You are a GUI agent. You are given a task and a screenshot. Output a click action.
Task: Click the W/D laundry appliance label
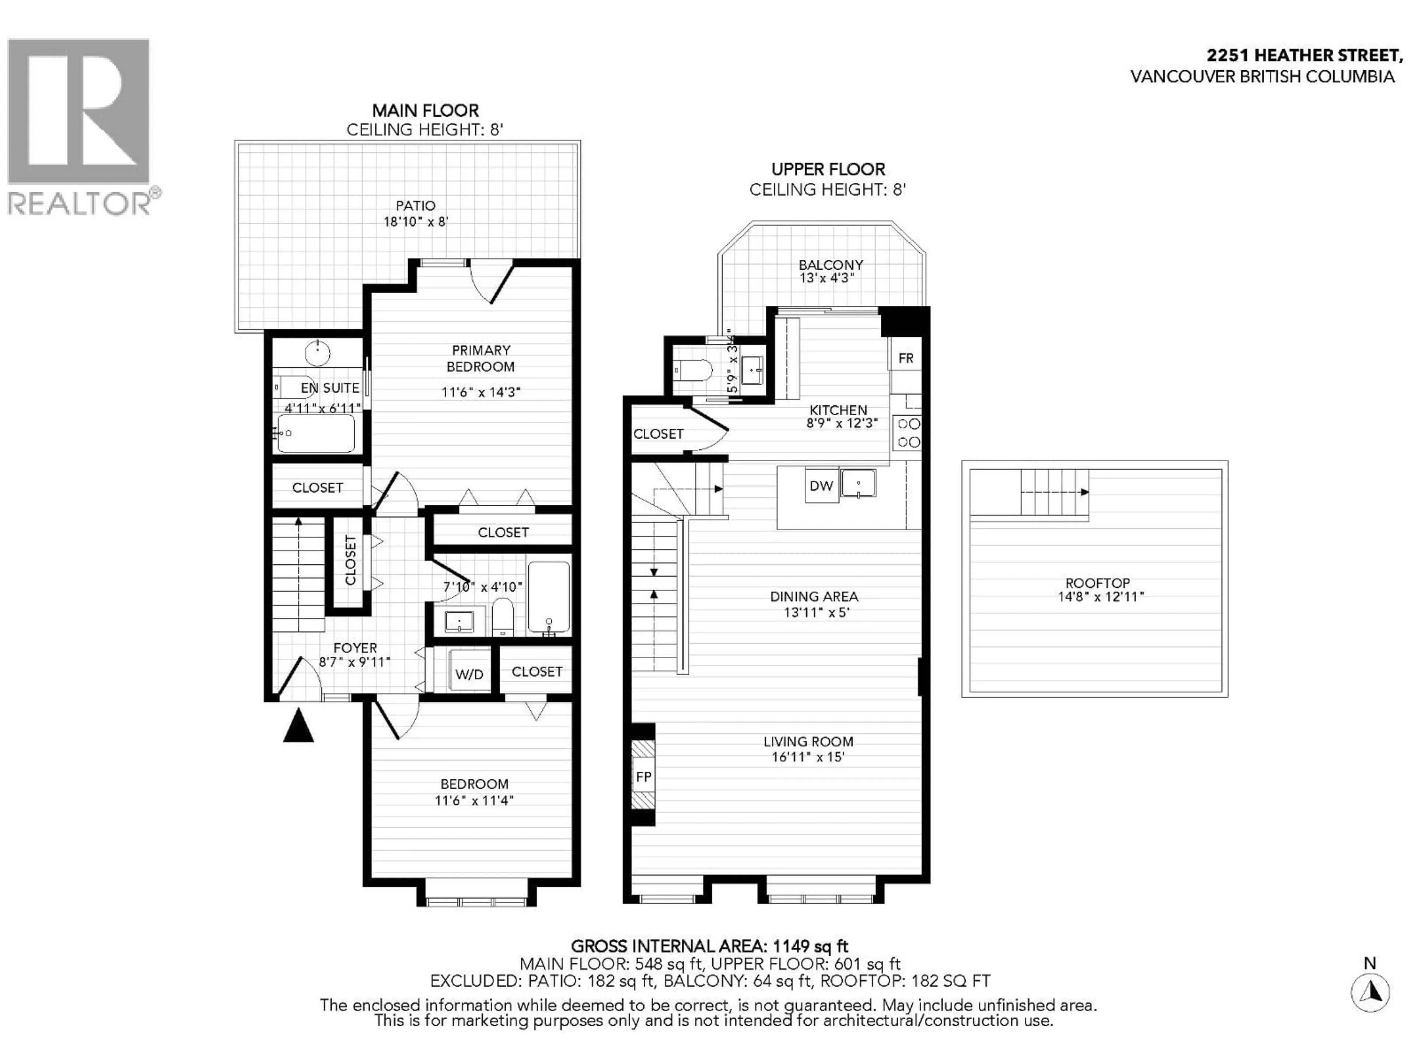coord(469,675)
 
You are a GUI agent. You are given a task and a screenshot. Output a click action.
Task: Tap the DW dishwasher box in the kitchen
coord(821,486)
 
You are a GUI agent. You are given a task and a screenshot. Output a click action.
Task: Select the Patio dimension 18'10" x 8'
coord(416,222)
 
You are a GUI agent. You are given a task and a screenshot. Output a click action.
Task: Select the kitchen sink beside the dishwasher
coord(858,483)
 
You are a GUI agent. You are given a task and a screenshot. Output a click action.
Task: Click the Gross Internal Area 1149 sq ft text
coord(709,946)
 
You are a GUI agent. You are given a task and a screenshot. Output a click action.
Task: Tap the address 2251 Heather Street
coord(1304,56)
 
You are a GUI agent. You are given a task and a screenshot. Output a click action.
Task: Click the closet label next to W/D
coord(537,672)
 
